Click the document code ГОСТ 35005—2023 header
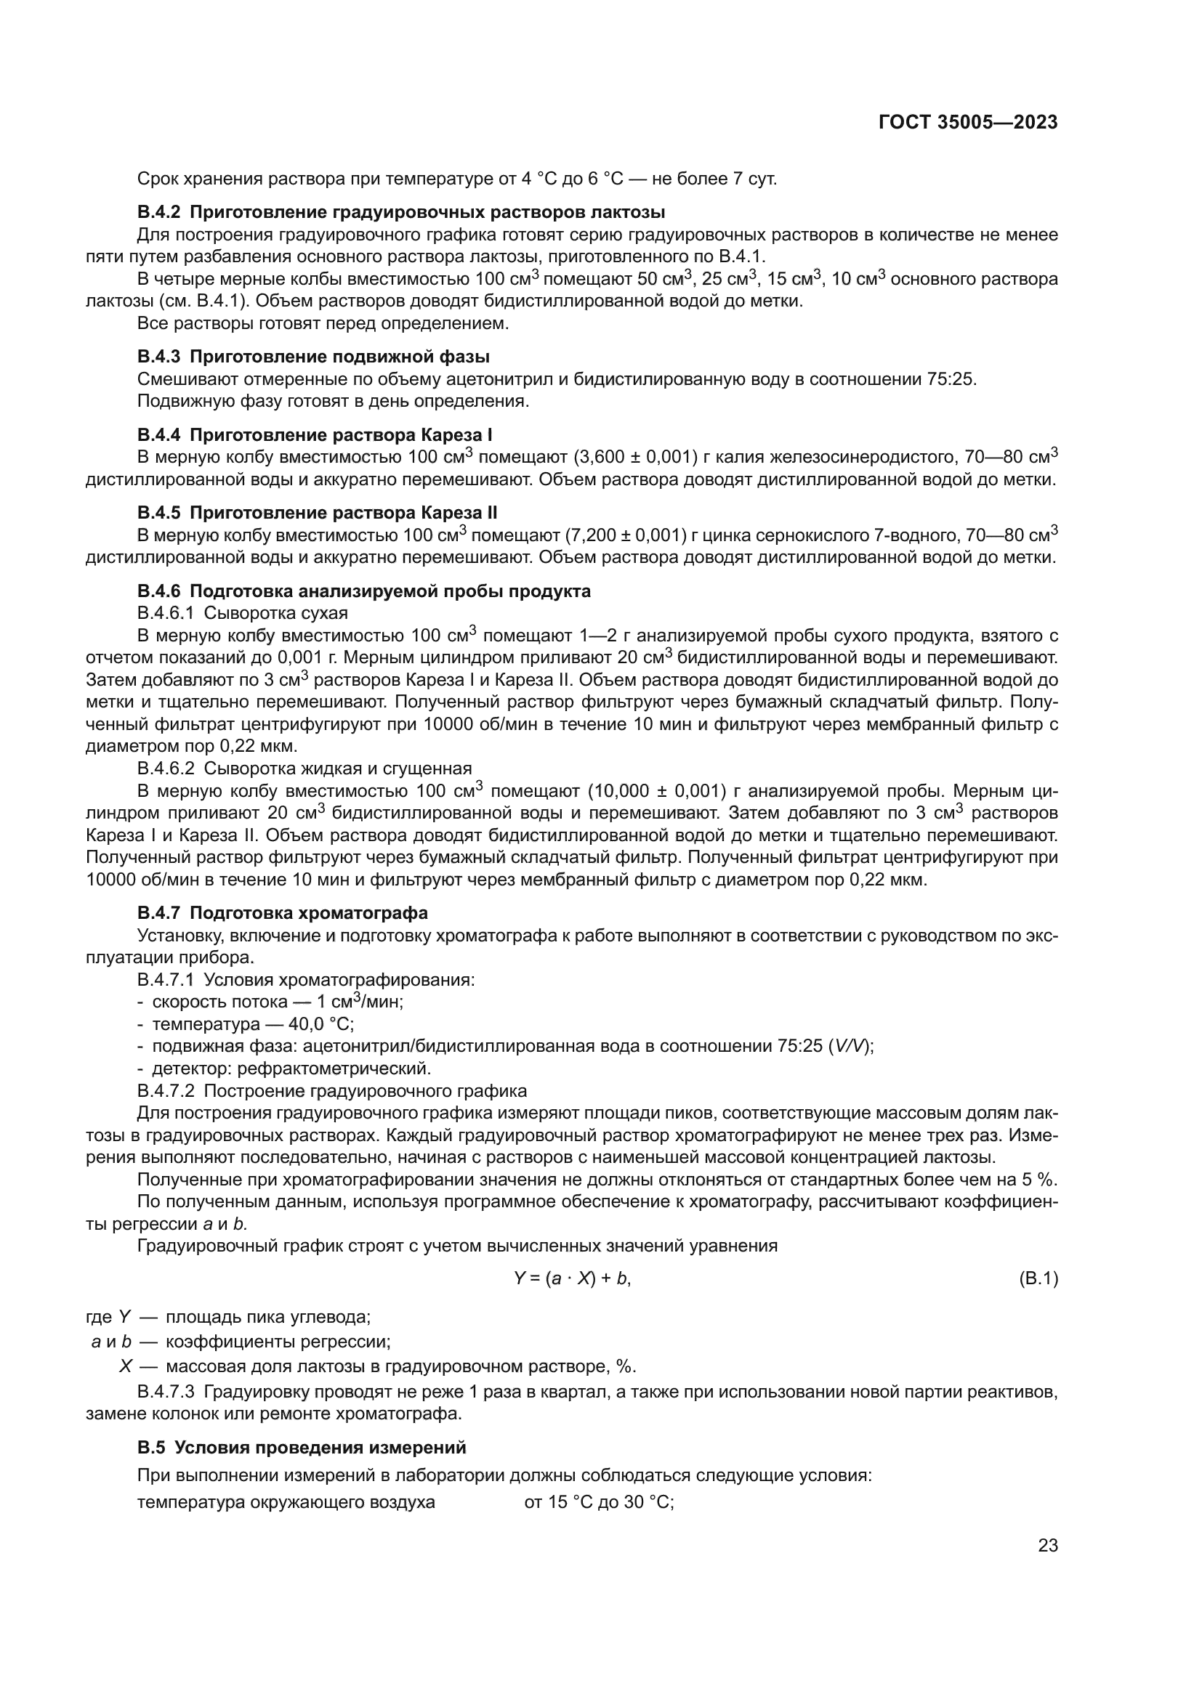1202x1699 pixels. [x=968, y=122]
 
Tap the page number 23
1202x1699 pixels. [x=1048, y=1546]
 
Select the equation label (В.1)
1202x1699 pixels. [x=1038, y=1278]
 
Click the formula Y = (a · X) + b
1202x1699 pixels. [x=572, y=1278]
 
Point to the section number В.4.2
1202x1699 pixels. [x=158, y=212]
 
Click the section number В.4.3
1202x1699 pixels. [x=158, y=357]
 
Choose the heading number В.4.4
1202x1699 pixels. [x=158, y=434]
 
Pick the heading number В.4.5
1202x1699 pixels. [x=158, y=513]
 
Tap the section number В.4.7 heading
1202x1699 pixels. [x=158, y=913]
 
